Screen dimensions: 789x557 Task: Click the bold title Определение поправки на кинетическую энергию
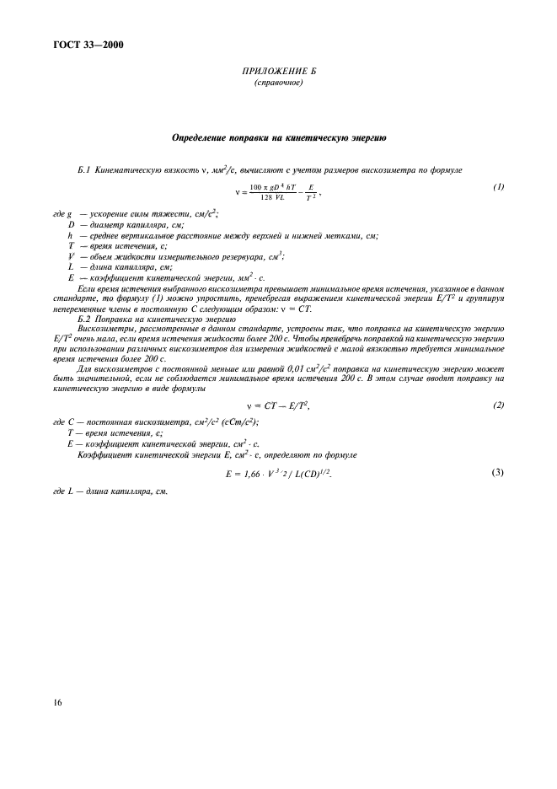point(278,137)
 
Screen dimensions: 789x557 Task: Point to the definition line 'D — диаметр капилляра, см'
point(126,225)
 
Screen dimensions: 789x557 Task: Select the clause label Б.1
point(84,170)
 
